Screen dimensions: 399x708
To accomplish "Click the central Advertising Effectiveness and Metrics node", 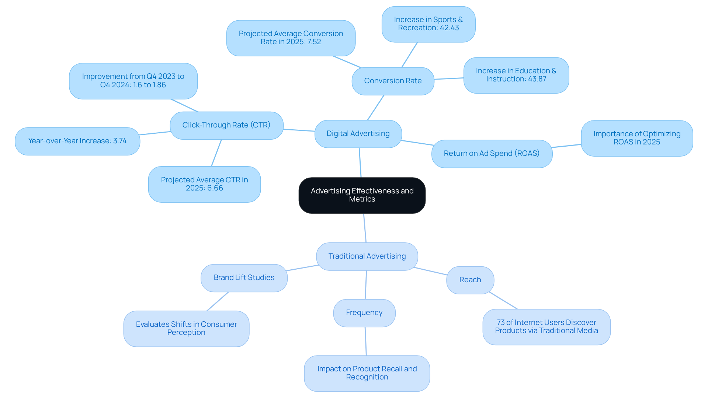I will coord(362,195).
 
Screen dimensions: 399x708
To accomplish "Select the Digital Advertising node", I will coord(358,134).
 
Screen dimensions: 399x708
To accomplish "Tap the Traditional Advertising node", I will coord(367,256).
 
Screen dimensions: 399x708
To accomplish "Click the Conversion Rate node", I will coord(393,81).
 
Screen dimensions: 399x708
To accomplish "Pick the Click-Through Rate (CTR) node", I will coord(226,125).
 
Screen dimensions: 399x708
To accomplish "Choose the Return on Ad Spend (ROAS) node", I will coord(491,154).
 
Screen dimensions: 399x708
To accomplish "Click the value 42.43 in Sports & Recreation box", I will coord(449,28).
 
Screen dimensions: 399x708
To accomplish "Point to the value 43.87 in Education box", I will coord(537,79).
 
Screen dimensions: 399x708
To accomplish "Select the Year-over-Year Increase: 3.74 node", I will coord(77,141).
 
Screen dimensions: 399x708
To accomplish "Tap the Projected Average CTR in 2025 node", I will coord(204,184).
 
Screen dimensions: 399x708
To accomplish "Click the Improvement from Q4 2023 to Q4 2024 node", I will coord(133,81).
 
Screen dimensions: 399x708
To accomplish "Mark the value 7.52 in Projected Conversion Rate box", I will coord(313,42).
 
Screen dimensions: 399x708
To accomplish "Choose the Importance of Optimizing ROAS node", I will coord(636,138).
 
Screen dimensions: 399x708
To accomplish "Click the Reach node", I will coord(470,280).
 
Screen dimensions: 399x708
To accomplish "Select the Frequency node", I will coord(364,313).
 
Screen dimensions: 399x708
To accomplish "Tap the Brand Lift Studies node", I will coord(244,278).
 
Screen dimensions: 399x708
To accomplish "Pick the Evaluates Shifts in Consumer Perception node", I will coord(186,329).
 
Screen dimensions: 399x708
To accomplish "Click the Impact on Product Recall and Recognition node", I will coord(367,373).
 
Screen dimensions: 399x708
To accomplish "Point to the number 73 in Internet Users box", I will coord(500,323).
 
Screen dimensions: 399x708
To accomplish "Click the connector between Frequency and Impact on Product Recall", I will coord(365,341).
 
